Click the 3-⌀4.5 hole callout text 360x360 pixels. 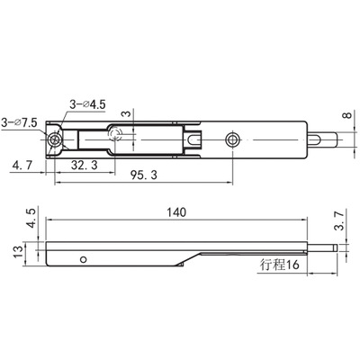(87, 104)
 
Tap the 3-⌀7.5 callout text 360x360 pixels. (19, 122)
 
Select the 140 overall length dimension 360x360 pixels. (176, 212)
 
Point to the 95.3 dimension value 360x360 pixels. (144, 175)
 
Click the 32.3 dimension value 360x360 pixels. (85, 165)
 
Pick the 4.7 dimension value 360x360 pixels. (22, 166)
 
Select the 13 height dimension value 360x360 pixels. (18, 251)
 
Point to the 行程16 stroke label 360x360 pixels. (280, 265)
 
